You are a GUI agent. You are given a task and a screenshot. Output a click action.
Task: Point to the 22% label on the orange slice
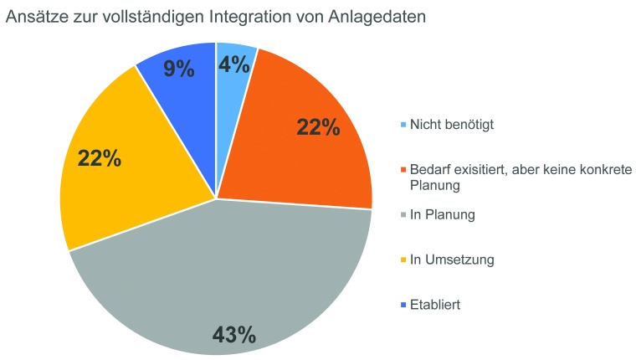pyautogui.click(x=318, y=127)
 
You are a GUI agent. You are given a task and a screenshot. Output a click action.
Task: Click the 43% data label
pyautogui.click(x=233, y=335)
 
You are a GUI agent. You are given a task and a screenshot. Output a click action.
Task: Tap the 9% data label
pyautogui.click(x=178, y=68)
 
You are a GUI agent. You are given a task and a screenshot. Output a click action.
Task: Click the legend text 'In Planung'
pyautogui.click(x=442, y=215)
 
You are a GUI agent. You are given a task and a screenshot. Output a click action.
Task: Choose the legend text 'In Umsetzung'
pyautogui.click(x=451, y=260)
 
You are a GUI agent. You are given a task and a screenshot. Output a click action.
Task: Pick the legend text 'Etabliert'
pyautogui.click(x=435, y=305)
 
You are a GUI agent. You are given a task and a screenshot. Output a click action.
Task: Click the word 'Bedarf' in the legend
pyautogui.click(x=428, y=170)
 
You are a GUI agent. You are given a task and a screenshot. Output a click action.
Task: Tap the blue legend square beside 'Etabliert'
pyautogui.click(x=403, y=306)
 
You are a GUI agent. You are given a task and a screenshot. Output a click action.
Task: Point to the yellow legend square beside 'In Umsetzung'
pyautogui.click(x=403, y=260)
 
